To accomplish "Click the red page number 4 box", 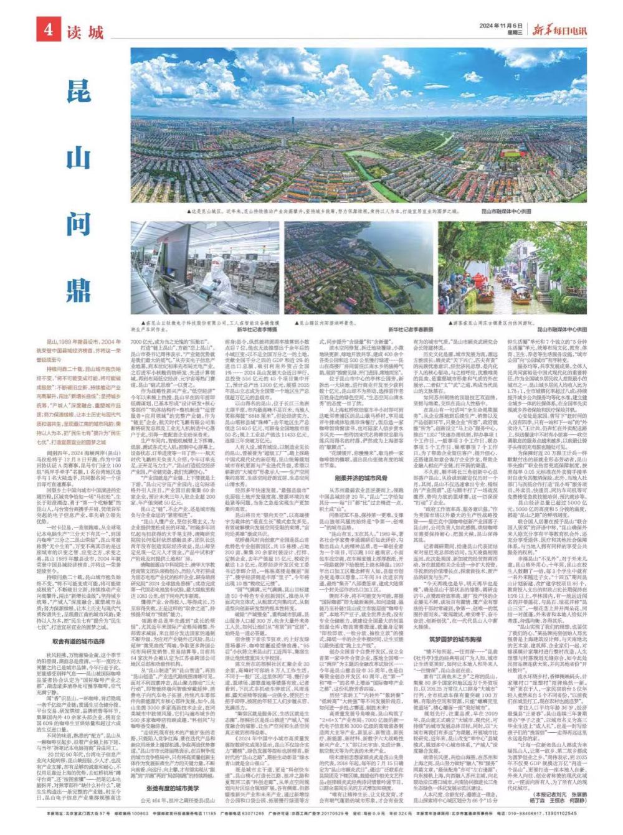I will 47,30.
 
